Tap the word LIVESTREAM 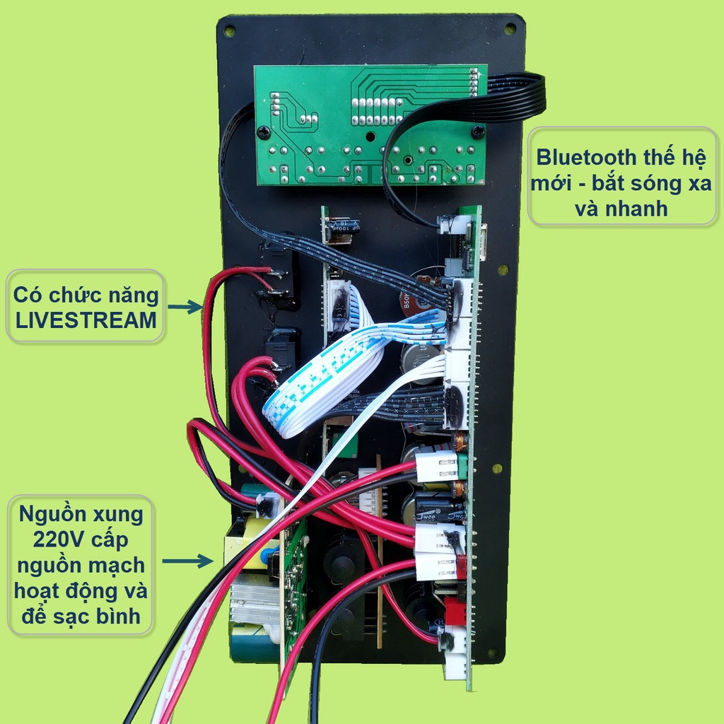86,320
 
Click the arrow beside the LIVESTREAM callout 185,307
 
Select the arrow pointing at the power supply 188,561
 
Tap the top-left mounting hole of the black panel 230,31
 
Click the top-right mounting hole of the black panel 510,29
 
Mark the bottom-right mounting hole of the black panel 493,653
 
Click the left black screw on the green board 264,132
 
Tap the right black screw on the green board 478,132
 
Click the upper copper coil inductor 460,441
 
